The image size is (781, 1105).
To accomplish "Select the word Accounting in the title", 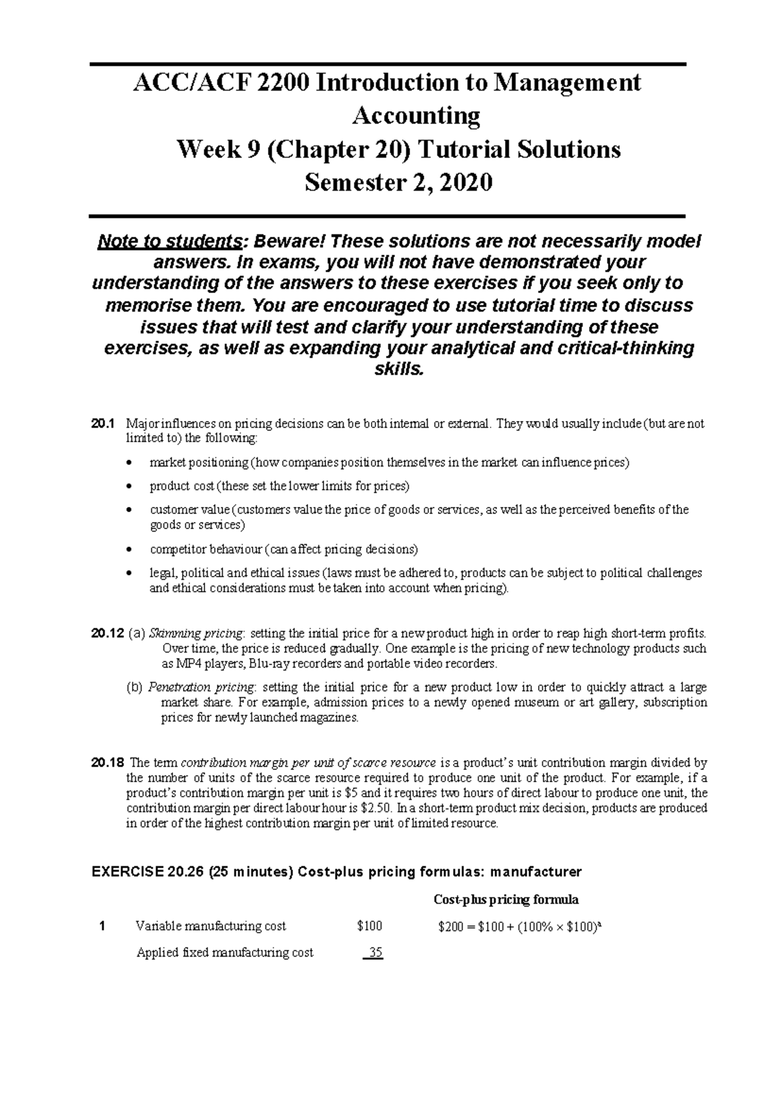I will [x=416, y=116].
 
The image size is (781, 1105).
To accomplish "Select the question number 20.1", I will [x=103, y=424].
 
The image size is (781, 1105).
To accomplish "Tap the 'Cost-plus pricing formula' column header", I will [x=506, y=900].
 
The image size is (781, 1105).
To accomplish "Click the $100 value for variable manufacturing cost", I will [x=370, y=926].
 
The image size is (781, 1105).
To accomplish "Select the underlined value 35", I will [x=374, y=953].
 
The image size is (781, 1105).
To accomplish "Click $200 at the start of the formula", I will [x=452, y=926].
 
